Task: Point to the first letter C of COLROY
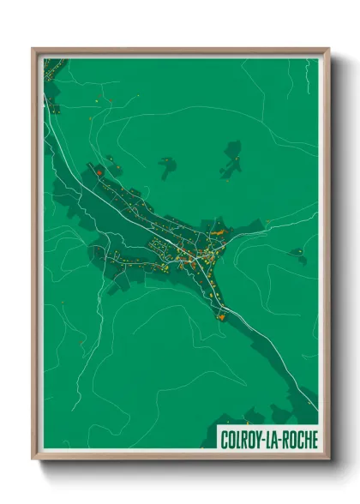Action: pos(225,441)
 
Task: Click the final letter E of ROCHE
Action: pos(314,441)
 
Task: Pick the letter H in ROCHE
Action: pos(306,441)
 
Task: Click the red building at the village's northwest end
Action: pos(100,174)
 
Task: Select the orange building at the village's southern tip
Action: pos(221,317)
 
